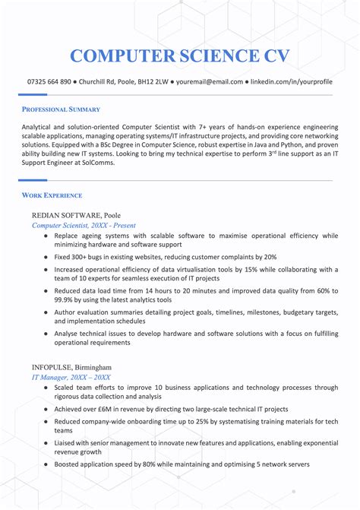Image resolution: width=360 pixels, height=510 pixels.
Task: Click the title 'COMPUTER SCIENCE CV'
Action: (179, 55)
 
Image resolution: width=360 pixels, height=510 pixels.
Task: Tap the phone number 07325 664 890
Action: (49, 81)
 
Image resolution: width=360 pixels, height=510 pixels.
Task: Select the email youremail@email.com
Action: (209, 81)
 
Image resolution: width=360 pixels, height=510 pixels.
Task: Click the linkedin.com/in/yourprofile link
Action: (291, 81)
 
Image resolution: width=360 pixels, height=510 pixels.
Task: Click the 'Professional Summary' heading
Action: (61, 109)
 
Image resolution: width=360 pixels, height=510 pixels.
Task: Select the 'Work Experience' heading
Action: (52, 195)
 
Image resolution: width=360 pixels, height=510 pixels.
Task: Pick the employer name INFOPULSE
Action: (52, 367)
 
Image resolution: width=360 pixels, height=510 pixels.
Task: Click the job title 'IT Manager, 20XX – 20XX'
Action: (71, 377)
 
